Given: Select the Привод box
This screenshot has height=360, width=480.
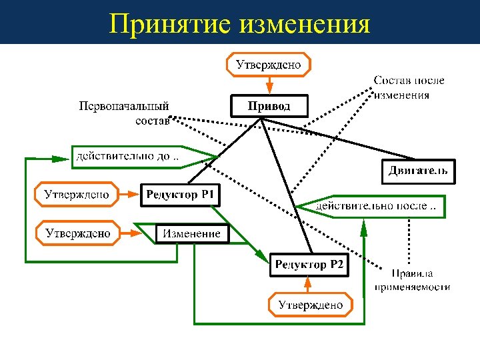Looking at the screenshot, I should point(269,106).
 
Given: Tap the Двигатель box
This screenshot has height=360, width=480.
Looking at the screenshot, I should point(419,171).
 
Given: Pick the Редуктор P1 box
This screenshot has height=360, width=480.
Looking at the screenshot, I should point(180,195).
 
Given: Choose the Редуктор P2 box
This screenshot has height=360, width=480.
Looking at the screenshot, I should point(309,265).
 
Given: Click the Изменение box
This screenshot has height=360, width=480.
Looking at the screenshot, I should point(191,234).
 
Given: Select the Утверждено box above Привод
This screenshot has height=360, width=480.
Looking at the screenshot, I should point(269,65).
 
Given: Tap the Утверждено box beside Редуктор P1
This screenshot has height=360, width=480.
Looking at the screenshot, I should point(77,195).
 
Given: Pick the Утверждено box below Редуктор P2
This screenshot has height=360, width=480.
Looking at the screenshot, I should point(311,305).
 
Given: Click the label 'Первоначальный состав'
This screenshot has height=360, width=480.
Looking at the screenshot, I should point(124,113).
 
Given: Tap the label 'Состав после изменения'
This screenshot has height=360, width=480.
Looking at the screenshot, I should point(408,87).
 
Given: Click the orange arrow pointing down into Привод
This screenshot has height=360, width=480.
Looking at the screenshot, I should point(269,85).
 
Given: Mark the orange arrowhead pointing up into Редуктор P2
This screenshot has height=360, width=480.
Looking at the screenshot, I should point(308,283).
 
